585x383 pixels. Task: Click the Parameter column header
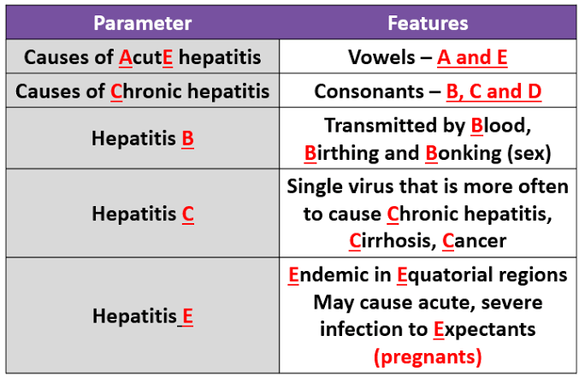pyautogui.click(x=143, y=23)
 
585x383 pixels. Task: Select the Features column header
pyautogui.click(x=428, y=23)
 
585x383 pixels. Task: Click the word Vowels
pyautogui.click(x=381, y=57)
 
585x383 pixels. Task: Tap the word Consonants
pyautogui.click(x=369, y=91)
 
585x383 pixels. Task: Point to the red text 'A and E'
pyautogui.click(x=472, y=58)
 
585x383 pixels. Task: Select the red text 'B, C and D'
pyautogui.click(x=493, y=92)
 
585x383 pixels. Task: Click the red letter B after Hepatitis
pyautogui.click(x=187, y=138)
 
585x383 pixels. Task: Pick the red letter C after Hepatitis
pyautogui.click(x=188, y=215)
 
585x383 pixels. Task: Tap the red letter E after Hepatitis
pyautogui.click(x=187, y=316)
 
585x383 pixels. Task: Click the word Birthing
pyautogui.click(x=342, y=153)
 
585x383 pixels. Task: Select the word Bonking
pyautogui.click(x=463, y=153)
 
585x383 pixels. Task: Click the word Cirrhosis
pyautogui.click(x=393, y=241)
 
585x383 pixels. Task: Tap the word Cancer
pyautogui.click(x=474, y=241)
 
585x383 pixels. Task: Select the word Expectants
pyautogui.click(x=484, y=330)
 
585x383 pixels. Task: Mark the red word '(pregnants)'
pyautogui.click(x=428, y=356)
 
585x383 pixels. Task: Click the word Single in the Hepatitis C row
pyautogui.click(x=315, y=186)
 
